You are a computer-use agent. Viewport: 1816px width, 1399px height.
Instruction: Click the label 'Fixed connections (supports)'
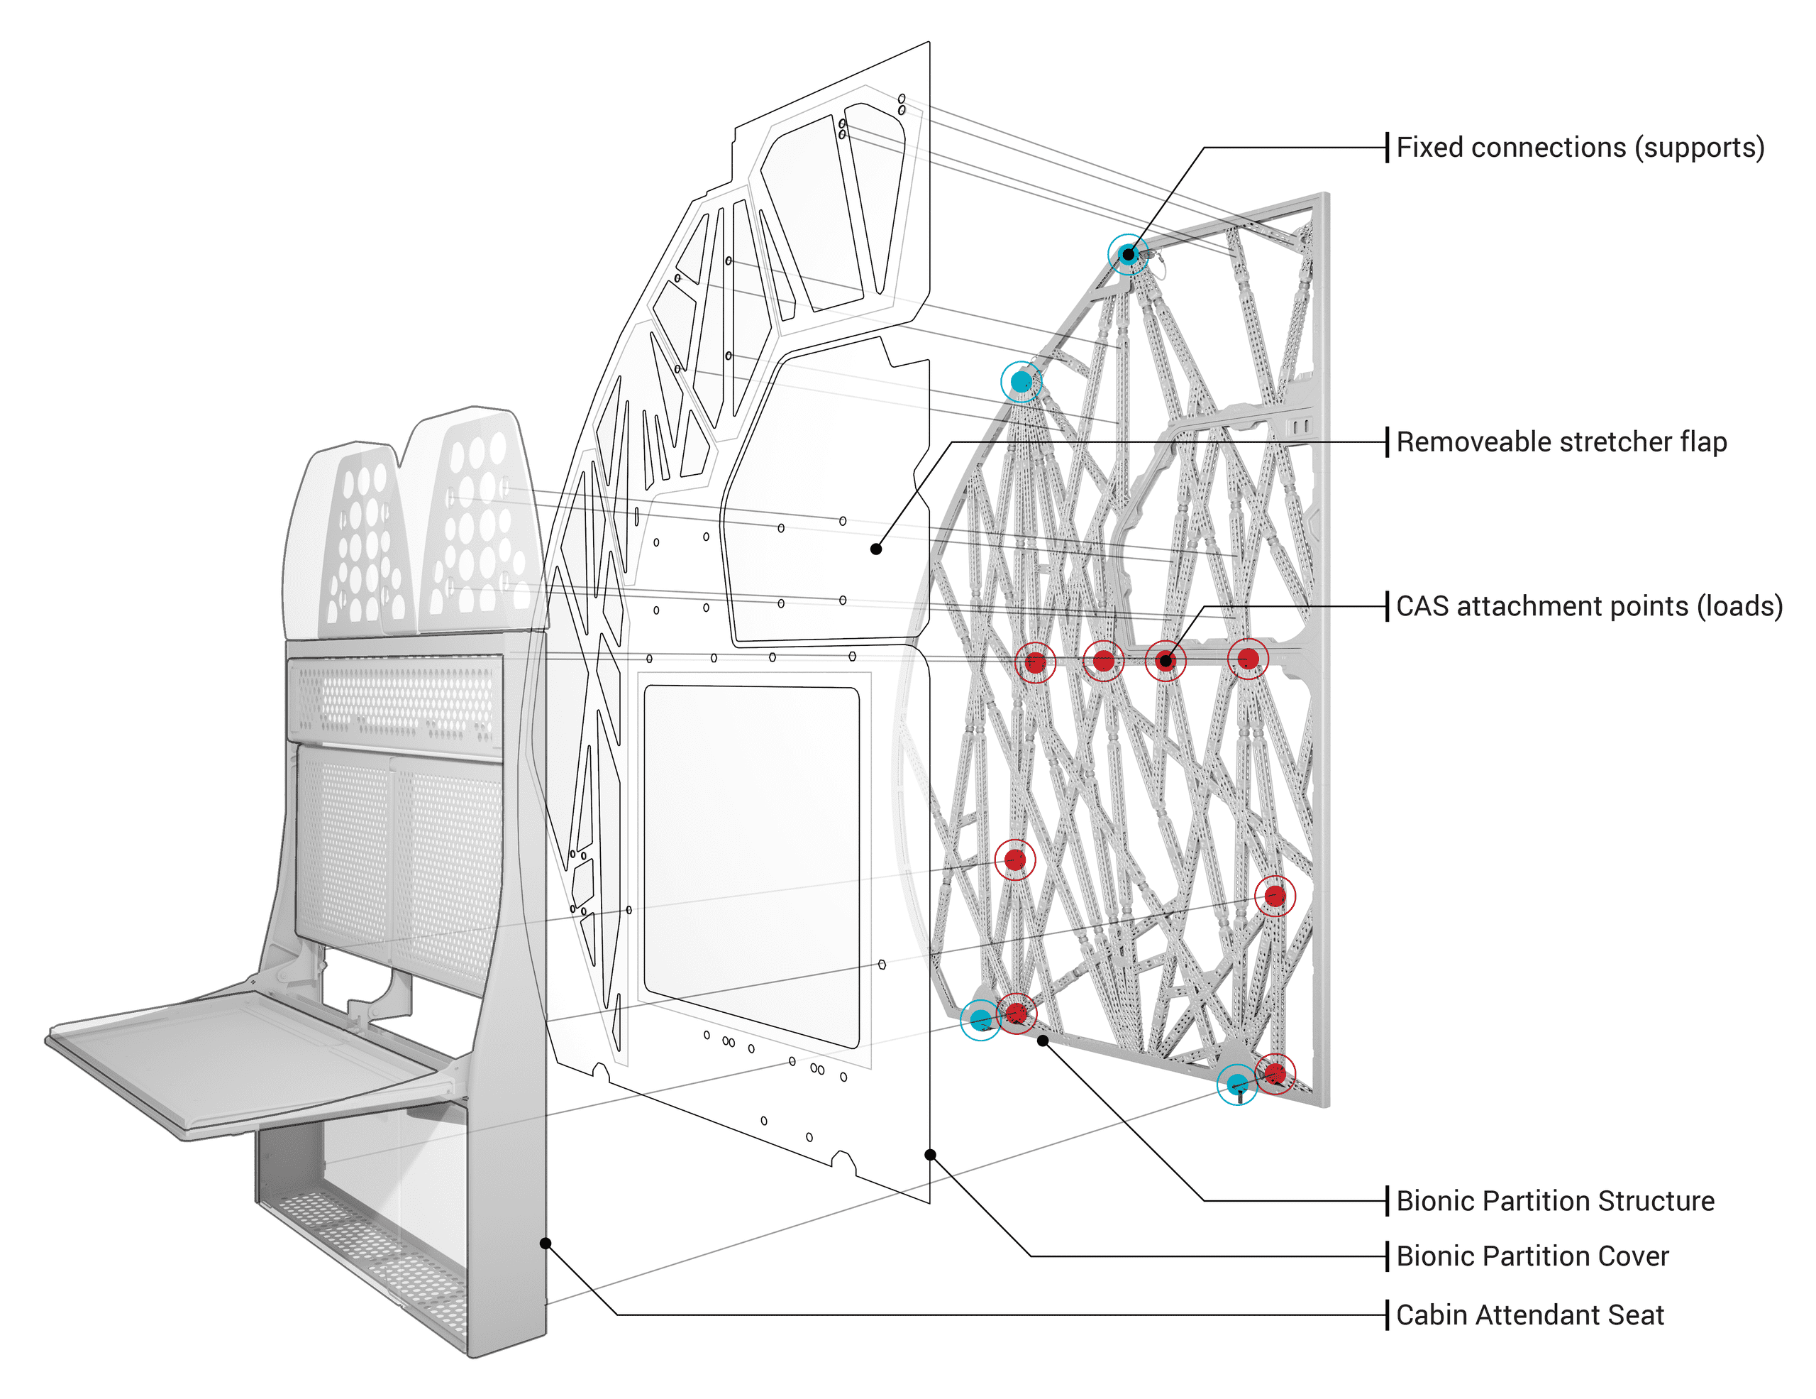1579,148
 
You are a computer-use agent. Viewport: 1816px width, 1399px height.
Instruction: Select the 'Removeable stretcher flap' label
1561,441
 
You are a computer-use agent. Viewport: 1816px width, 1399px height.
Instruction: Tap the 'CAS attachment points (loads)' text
1588,606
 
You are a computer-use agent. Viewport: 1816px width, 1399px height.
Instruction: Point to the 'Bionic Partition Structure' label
1554,1201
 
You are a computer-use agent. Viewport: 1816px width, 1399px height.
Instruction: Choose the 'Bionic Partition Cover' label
1532,1256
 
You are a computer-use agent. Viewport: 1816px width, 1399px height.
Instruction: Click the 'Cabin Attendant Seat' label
1529,1315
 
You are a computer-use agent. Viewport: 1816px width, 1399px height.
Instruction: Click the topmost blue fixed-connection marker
1127,255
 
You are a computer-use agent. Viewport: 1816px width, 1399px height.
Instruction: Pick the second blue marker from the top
1021,382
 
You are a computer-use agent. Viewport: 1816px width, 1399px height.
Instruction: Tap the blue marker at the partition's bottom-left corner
980,1019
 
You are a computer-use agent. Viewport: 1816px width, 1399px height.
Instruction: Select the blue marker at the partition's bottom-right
1237,1084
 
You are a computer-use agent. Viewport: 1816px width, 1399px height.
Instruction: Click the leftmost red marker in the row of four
1035,662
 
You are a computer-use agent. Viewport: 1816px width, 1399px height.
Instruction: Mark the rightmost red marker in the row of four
1248,659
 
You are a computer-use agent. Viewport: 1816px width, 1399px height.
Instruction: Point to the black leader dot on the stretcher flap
875,549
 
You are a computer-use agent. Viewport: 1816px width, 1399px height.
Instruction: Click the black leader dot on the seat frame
546,1244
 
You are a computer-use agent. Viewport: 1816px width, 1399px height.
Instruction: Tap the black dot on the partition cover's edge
931,1154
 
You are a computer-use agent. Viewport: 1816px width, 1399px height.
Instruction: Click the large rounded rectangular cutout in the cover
751,865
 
